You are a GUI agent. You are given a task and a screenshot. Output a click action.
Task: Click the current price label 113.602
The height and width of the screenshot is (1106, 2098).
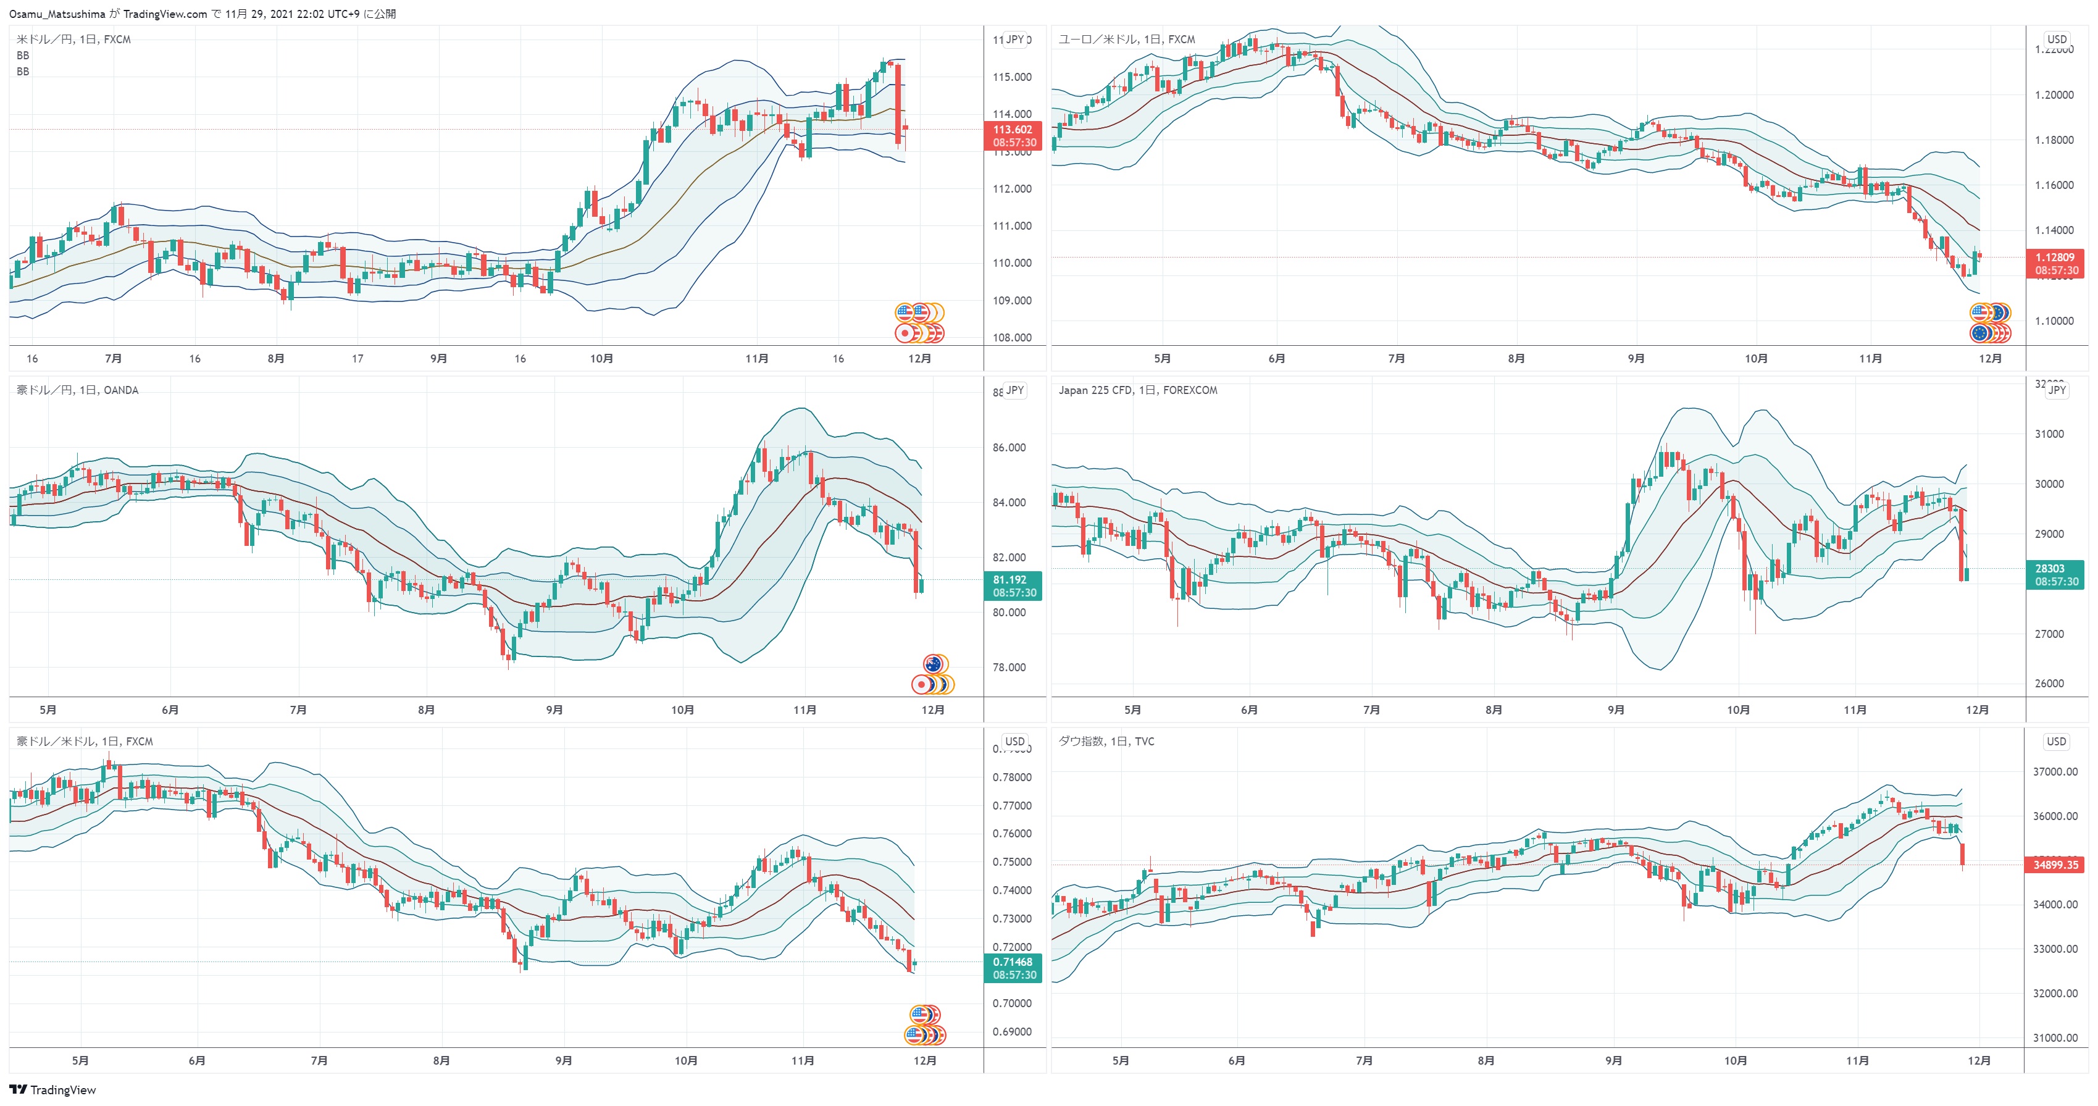click(1013, 130)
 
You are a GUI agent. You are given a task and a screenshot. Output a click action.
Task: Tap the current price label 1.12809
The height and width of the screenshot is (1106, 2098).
click(2055, 258)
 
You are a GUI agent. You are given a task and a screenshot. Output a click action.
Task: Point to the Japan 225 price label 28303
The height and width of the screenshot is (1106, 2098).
click(2050, 569)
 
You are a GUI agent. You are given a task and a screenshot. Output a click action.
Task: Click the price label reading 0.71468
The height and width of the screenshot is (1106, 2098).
click(1013, 962)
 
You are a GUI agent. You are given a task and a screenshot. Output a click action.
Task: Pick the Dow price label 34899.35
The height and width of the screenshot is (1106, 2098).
click(2055, 865)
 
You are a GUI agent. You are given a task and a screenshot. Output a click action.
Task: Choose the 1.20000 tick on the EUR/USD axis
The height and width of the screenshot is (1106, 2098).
click(2054, 95)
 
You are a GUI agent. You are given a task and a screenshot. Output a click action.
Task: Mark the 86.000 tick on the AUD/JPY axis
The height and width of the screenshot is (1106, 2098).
click(1009, 447)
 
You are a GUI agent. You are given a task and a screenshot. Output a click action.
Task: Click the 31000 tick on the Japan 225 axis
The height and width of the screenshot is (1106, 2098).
click(2049, 434)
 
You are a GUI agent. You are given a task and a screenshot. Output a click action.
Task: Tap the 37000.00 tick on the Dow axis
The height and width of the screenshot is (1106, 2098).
click(2055, 771)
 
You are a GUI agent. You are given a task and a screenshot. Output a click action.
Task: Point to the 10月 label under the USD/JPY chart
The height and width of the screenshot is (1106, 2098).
click(601, 358)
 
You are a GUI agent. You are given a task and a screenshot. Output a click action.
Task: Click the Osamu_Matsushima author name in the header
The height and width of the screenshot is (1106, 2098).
click(57, 14)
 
